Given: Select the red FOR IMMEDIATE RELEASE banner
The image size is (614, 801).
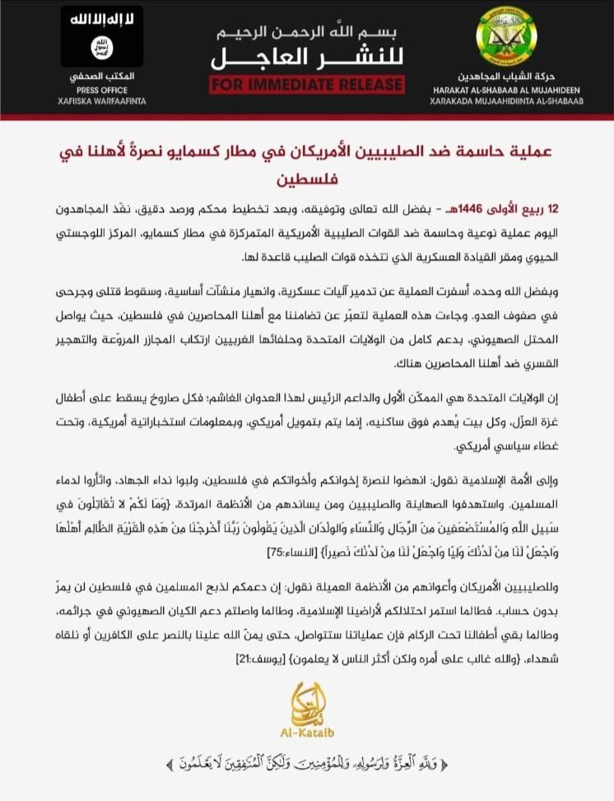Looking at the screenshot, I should pyautogui.click(x=306, y=84).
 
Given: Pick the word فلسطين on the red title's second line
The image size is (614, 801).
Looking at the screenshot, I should pyautogui.click(x=306, y=179).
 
